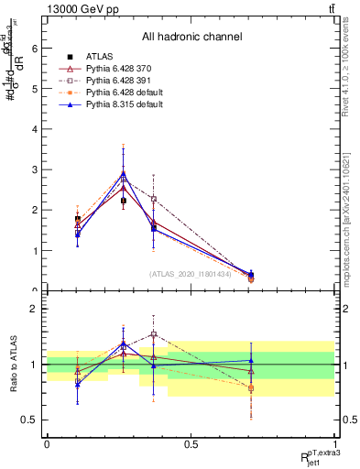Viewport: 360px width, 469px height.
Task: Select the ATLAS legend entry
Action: [x=101, y=57]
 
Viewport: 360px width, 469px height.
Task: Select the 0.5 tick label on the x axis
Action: [x=191, y=443]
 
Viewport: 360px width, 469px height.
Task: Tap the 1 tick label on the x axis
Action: [x=334, y=443]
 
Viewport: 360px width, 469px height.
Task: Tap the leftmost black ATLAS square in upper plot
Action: [x=77, y=219]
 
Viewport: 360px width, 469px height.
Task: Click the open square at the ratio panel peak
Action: [x=154, y=334]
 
